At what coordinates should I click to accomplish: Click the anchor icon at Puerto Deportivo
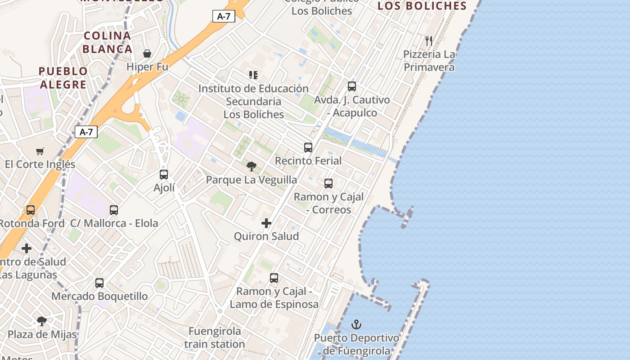356,324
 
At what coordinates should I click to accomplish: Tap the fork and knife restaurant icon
429,41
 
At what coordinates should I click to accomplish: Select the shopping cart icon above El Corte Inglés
40,151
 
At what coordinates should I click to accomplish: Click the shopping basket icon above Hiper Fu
147,54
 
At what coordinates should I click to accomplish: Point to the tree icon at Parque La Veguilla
252,166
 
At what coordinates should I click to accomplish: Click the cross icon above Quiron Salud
266,223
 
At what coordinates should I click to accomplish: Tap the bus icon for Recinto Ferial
308,147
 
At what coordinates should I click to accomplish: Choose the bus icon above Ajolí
164,175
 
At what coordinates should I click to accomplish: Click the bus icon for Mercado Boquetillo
99,283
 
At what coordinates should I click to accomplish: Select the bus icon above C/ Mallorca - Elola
114,210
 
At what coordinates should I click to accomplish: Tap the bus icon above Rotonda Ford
31,210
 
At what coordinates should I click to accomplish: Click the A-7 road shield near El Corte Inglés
86,132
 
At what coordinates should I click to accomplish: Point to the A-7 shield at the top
224,17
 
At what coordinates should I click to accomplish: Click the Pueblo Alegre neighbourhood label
63,78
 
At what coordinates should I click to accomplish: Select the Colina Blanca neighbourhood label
108,42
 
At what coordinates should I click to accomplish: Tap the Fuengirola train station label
215,337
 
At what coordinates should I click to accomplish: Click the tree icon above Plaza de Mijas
42,321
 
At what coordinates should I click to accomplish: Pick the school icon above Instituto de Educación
253,75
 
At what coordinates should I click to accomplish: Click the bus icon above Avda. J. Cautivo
352,86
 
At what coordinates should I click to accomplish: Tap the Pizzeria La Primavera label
429,61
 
